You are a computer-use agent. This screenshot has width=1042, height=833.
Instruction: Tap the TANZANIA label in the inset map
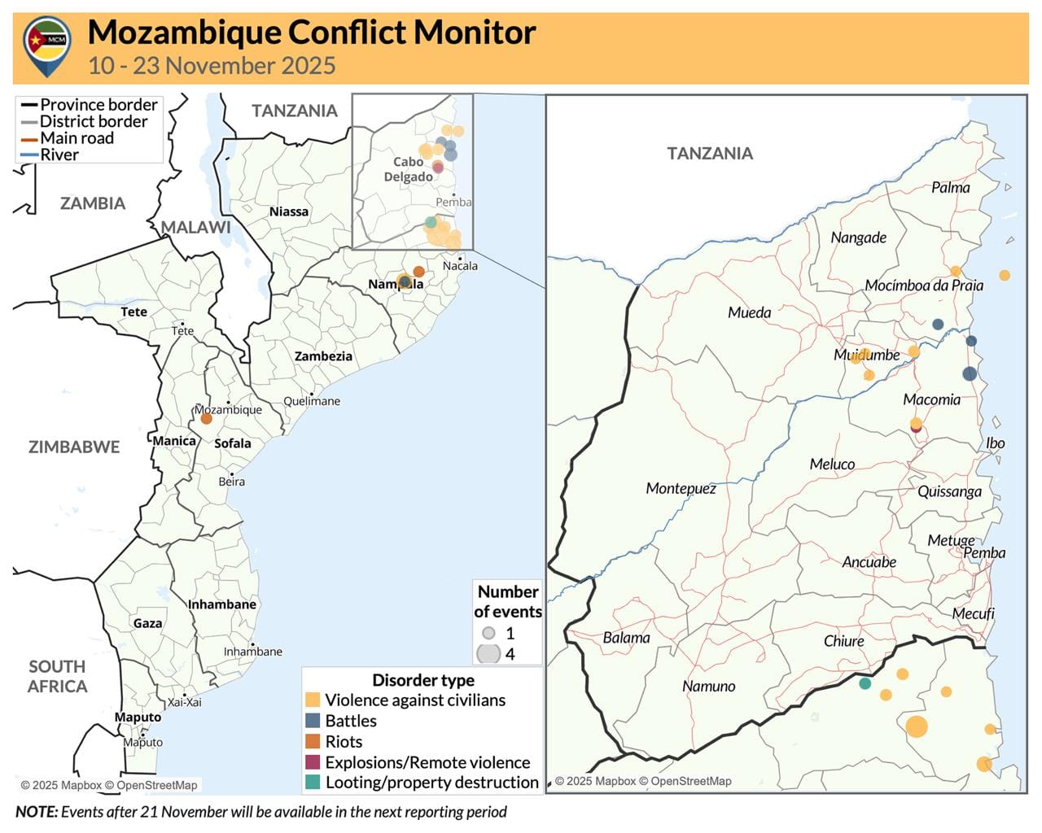(x=709, y=153)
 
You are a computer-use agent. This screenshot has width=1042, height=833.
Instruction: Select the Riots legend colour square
(x=313, y=741)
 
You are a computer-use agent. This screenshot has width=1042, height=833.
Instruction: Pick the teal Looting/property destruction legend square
(x=313, y=783)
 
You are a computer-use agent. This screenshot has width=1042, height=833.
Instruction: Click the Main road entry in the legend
(x=77, y=138)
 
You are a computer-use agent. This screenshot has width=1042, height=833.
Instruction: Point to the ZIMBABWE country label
(x=74, y=447)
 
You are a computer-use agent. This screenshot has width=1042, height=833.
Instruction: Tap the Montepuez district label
(x=681, y=488)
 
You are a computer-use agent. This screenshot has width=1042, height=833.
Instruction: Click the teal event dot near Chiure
(x=865, y=683)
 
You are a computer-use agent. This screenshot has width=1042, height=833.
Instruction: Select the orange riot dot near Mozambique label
(x=206, y=418)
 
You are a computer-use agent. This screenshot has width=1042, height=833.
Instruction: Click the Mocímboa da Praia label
(x=923, y=286)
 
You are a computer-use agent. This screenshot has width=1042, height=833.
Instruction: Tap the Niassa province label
(x=289, y=212)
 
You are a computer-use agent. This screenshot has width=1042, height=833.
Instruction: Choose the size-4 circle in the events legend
(x=488, y=653)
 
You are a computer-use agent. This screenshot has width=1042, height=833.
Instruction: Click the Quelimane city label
(x=312, y=401)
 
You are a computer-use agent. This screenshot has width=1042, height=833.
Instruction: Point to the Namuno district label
(x=708, y=686)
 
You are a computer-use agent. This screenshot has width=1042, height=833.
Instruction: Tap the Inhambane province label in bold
(x=222, y=604)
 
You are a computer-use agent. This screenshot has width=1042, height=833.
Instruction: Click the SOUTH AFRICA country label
(x=57, y=676)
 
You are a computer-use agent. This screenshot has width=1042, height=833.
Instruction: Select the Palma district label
(x=950, y=187)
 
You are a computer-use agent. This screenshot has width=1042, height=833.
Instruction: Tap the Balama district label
(x=626, y=638)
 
